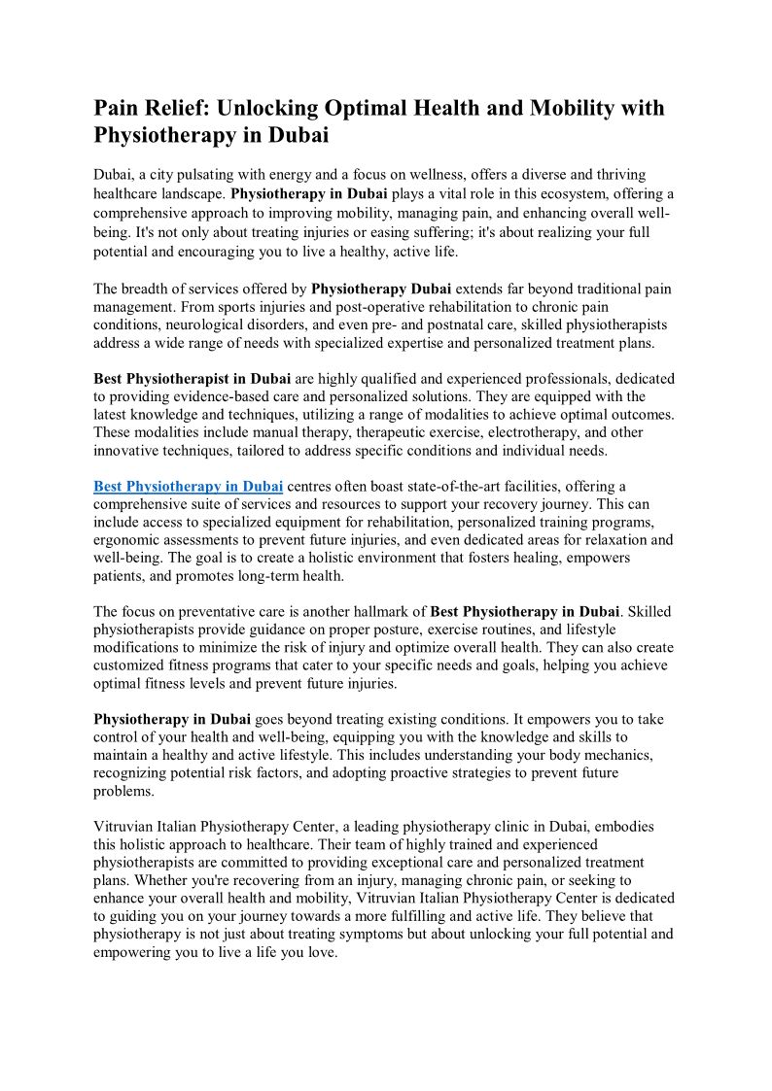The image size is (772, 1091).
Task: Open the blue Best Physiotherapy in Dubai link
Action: pyautogui.click(x=188, y=486)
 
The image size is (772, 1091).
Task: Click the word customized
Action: pyautogui.click(x=132, y=666)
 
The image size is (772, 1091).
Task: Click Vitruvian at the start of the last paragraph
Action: pyautogui.click(x=125, y=827)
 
